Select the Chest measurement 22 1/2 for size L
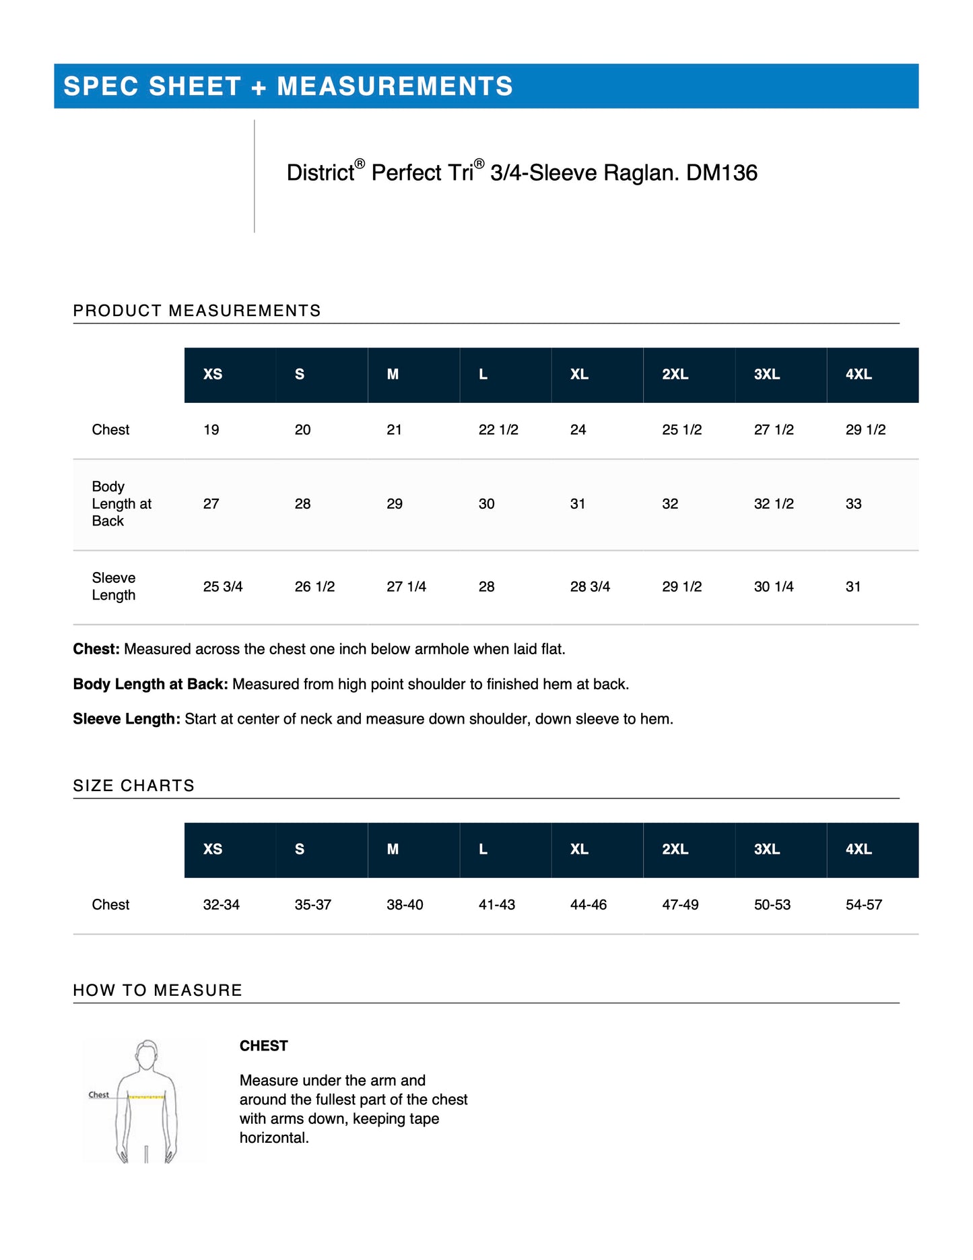[x=498, y=430]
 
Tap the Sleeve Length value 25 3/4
[x=223, y=587]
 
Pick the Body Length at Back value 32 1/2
[x=774, y=504]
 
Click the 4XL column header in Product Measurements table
[x=859, y=375]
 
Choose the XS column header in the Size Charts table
[x=213, y=850]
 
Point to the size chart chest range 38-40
[x=405, y=905]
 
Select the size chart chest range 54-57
[x=864, y=905]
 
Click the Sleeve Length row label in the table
[x=114, y=587]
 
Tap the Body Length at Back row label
[x=121, y=504]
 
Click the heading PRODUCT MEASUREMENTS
[x=197, y=311]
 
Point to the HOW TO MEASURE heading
[x=158, y=990]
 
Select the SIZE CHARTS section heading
[x=133, y=786]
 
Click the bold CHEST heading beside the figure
[x=264, y=1046]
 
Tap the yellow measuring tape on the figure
[x=147, y=1098]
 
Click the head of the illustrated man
[x=147, y=1055]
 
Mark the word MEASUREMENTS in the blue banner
[x=395, y=86]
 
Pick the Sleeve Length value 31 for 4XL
[x=853, y=587]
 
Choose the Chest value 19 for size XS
[x=211, y=430]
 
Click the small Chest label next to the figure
[x=98, y=1095]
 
